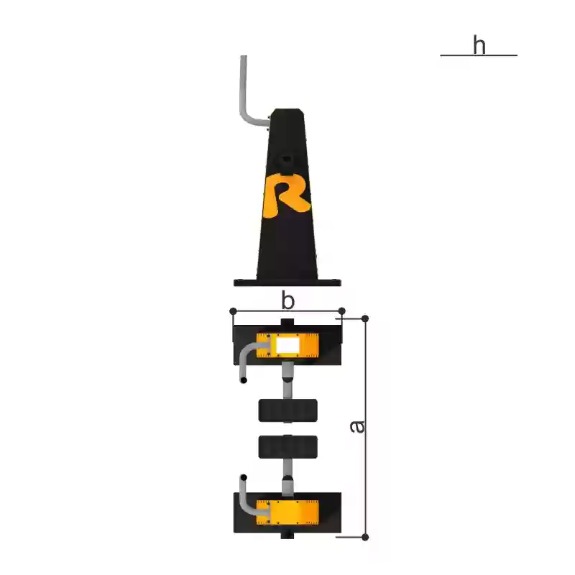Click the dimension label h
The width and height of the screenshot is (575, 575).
point(479,45)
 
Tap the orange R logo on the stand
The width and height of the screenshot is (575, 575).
point(286,195)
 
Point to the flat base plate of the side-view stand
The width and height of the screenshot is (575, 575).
point(287,282)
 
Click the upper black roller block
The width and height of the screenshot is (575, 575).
point(287,410)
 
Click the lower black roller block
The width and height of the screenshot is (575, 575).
point(287,446)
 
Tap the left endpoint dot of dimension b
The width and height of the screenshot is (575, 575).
point(233,311)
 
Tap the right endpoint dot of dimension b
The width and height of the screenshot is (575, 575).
point(342,311)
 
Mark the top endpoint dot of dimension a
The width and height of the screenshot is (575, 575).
point(365,318)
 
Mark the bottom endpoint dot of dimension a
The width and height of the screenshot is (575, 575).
point(365,537)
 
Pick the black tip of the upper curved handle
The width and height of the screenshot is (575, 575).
point(244,379)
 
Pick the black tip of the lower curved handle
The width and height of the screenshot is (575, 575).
point(244,477)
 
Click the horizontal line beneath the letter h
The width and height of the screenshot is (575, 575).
point(479,55)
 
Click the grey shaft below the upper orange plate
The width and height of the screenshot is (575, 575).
point(287,381)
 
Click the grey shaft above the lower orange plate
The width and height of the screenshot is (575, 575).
point(287,481)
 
